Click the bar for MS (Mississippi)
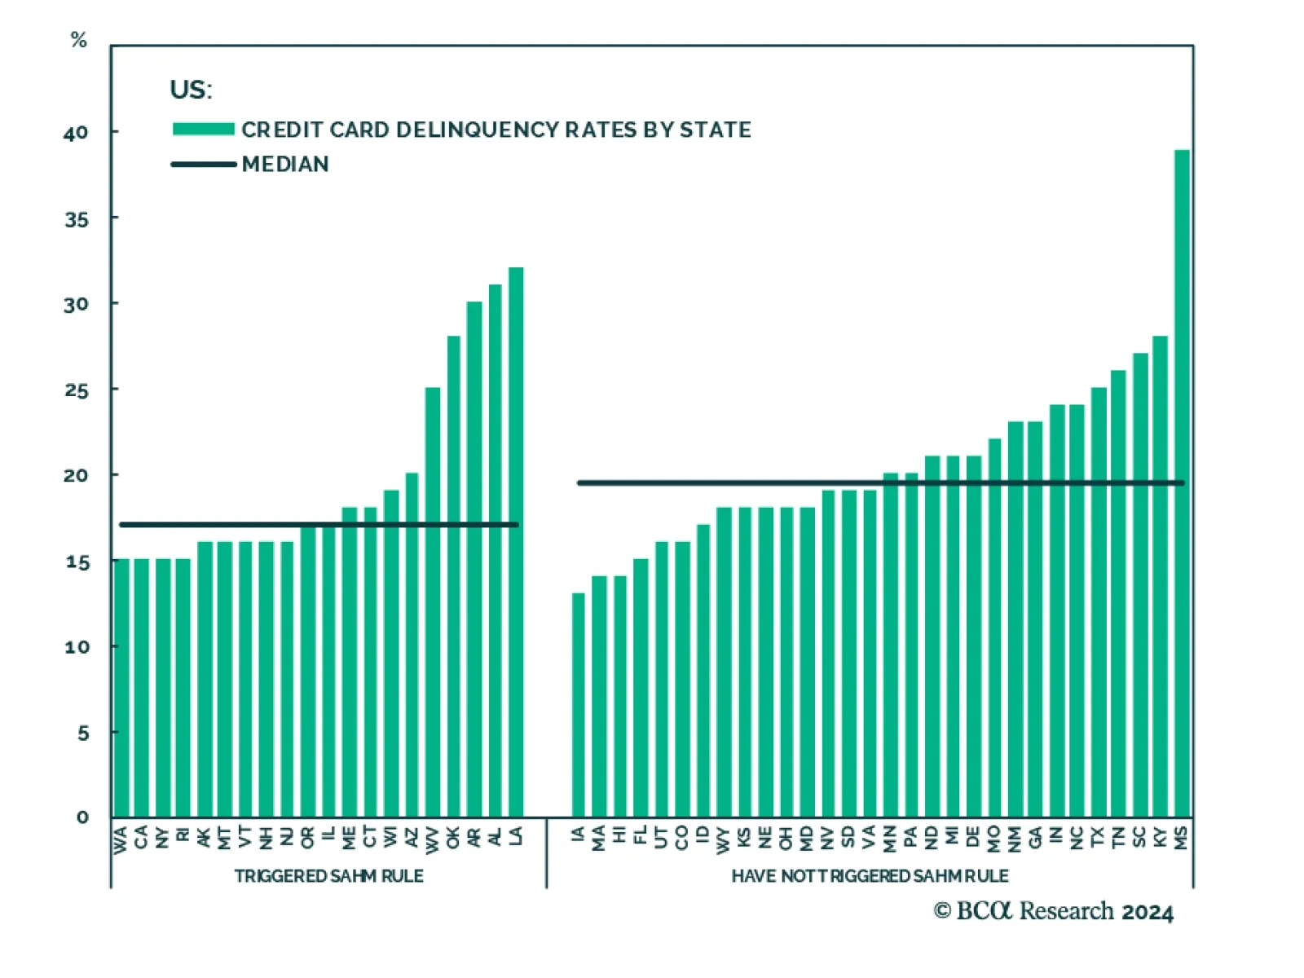(x=1181, y=489)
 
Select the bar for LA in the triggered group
(x=516, y=546)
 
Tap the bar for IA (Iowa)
(x=579, y=709)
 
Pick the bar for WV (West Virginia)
(x=433, y=603)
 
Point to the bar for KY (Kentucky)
(x=1160, y=579)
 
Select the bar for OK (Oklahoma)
(x=453, y=579)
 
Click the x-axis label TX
(x=1098, y=836)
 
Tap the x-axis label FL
(x=641, y=835)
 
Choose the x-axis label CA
(x=142, y=836)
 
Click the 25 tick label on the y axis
(x=76, y=390)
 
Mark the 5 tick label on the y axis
(x=83, y=733)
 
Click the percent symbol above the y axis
(x=78, y=40)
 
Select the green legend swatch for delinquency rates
(x=203, y=129)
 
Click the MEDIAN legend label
(x=285, y=165)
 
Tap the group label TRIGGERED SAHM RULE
(x=328, y=876)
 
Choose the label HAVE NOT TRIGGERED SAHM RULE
(x=870, y=876)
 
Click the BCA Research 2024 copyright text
(x=1053, y=911)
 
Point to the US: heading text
(x=191, y=90)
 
